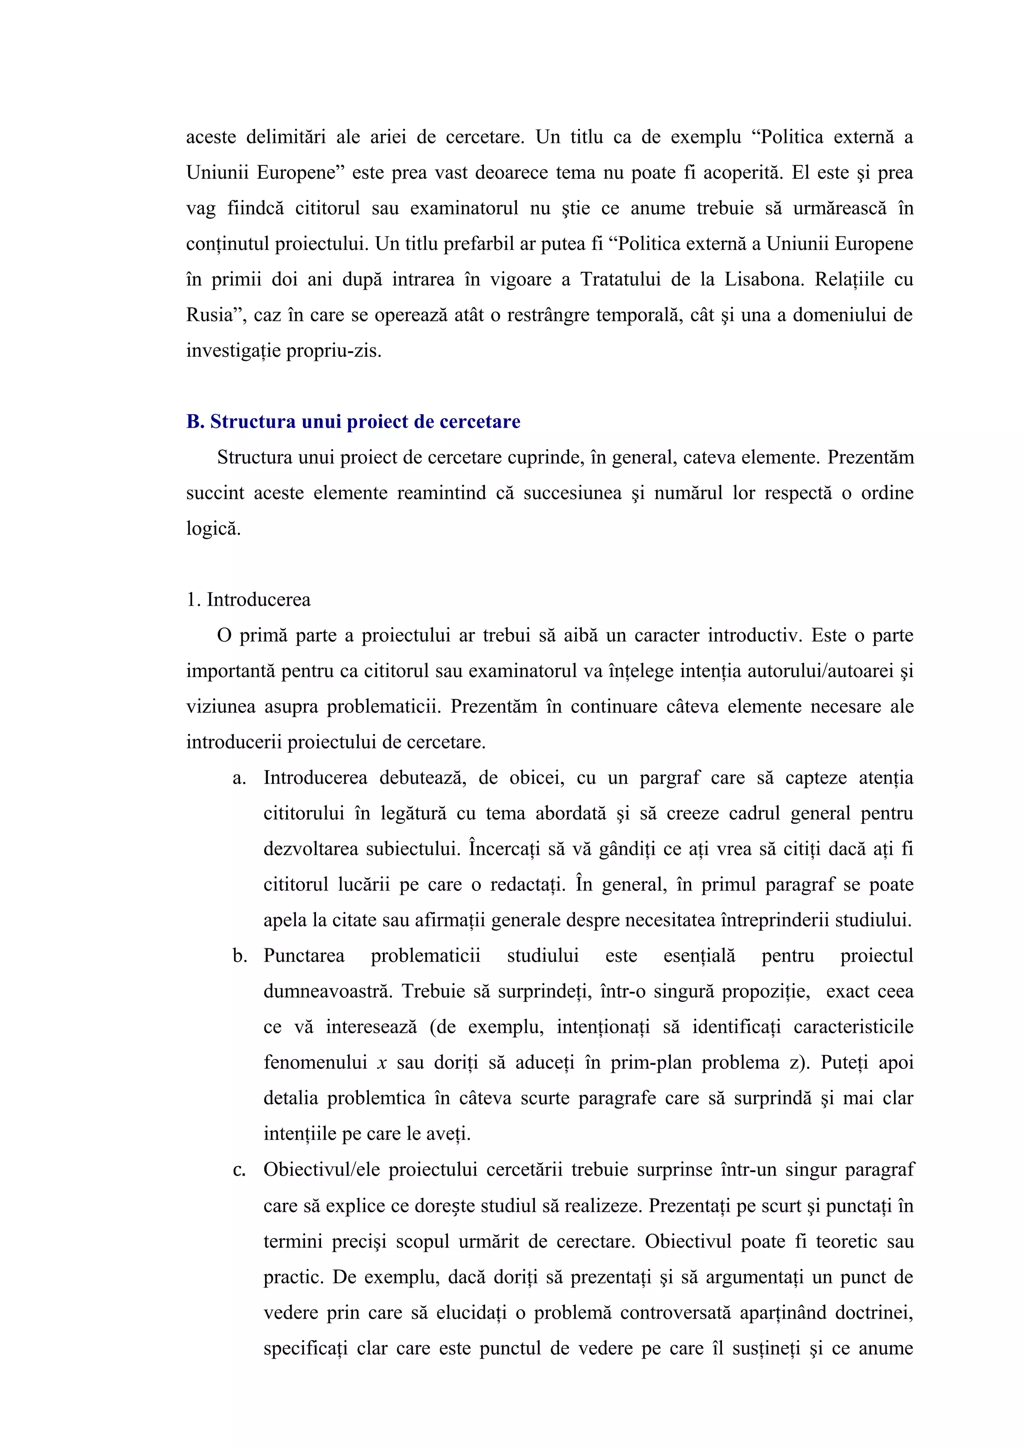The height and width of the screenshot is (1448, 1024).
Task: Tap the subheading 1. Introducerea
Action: click(248, 600)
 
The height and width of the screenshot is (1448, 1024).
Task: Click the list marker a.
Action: click(238, 778)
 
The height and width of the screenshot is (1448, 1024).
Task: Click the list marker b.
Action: click(239, 956)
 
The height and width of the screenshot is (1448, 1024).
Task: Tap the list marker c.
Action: click(238, 1170)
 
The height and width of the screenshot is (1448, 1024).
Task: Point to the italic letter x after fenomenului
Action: click(381, 1063)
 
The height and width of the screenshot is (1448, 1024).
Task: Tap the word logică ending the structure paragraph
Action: click(213, 529)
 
